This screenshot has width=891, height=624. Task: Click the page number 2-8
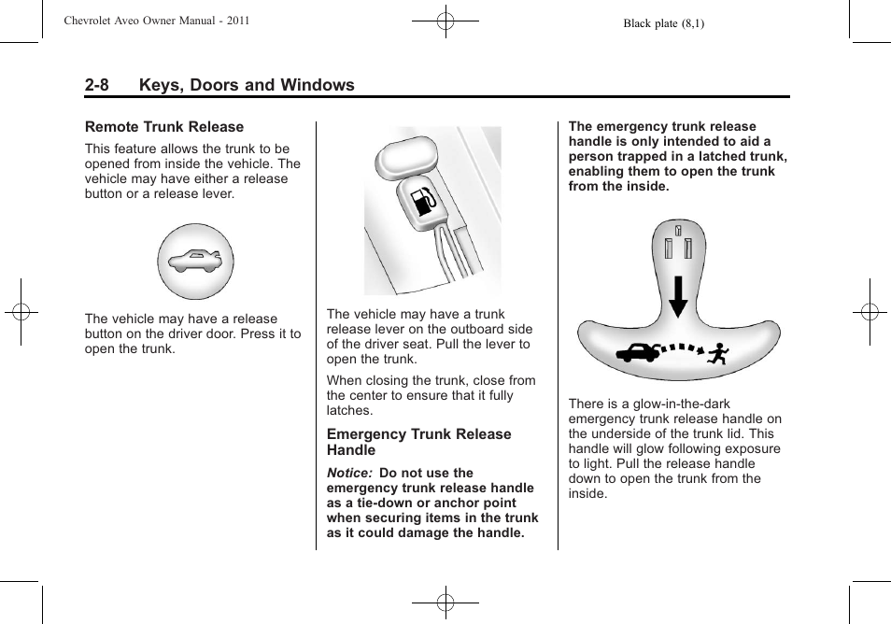pos(97,85)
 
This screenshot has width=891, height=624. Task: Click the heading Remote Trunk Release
pos(164,127)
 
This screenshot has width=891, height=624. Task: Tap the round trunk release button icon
pos(195,261)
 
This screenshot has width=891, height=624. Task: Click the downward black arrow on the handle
pos(678,297)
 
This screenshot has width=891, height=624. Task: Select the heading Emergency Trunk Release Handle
pos(418,442)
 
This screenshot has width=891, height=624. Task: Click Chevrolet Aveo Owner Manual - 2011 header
pos(157,21)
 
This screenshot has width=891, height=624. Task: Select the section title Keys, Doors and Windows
pos(247,85)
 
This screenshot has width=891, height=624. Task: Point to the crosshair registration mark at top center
pos(445,21)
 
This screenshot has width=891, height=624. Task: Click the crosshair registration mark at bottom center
pos(445,603)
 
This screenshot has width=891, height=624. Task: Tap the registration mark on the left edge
pos(21,312)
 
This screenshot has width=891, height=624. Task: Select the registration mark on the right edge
pos(870,312)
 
